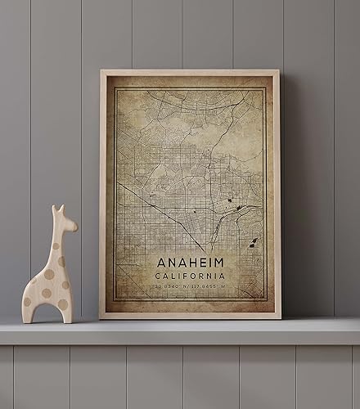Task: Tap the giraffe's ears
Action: point(57,210)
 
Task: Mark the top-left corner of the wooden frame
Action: point(101,71)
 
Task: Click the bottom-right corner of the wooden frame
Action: point(280,317)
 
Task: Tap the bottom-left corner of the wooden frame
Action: point(101,317)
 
